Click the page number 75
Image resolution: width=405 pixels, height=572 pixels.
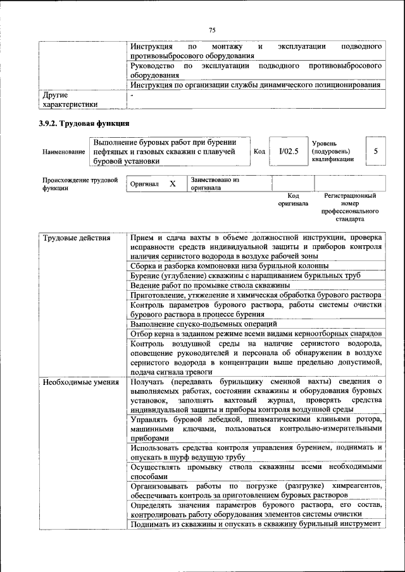tap(212, 30)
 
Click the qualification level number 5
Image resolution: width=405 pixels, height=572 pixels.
tap(376, 151)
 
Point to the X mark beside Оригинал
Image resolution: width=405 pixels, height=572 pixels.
tap(172, 184)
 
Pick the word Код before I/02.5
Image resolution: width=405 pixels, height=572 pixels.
tap(259, 152)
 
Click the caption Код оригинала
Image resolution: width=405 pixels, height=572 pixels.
tap(293, 200)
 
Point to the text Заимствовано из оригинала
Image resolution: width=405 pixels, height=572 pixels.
tap(215, 184)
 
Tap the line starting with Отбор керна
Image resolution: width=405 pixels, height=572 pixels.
tap(256, 333)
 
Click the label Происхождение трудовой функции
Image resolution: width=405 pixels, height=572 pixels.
tap(80, 184)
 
